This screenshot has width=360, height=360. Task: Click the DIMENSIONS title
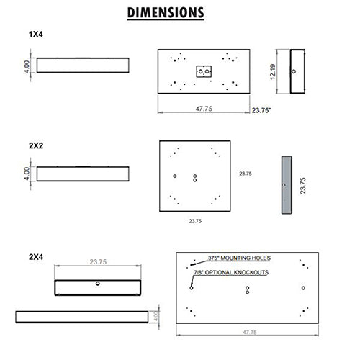click(166, 13)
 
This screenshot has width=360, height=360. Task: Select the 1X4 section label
click(36, 35)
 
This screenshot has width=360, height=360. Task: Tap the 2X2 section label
click(36, 145)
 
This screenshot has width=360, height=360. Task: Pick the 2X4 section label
click(36, 257)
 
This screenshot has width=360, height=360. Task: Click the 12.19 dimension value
click(273, 71)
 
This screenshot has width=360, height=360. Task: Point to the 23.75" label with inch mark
click(261, 110)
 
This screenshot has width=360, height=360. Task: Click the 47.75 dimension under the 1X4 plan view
click(204, 109)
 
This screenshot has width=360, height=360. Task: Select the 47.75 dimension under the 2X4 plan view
click(250, 332)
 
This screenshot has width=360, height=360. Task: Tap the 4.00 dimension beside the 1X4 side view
click(27, 66)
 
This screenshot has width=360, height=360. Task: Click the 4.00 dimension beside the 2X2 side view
click(27, 174)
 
